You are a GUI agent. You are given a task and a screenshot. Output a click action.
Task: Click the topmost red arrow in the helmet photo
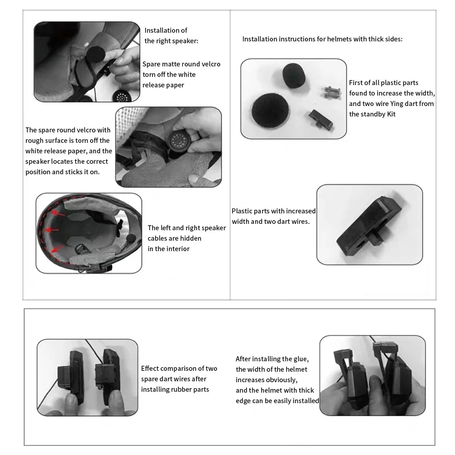[56, 212]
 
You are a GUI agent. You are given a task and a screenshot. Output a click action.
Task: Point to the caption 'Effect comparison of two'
[179, 369]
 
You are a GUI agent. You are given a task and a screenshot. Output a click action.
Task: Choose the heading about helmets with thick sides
[322, 39]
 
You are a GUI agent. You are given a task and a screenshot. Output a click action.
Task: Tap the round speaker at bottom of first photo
[122, 96]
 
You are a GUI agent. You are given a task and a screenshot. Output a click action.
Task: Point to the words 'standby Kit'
[372, 114]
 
